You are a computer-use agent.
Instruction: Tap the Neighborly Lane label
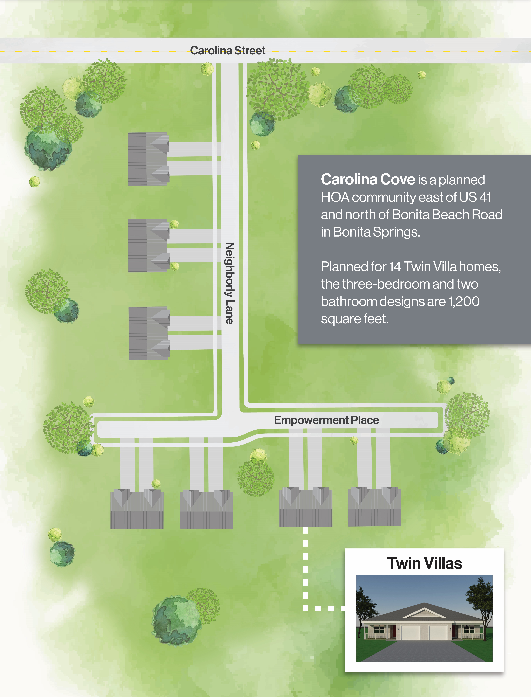point(230,283)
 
